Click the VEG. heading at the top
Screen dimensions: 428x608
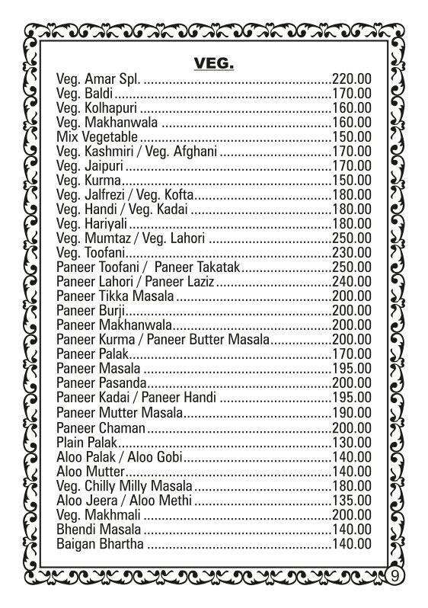(x=213, y=62)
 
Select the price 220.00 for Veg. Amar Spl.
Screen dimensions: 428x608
(x=352, y=80)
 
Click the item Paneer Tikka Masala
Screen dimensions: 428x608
(x=116, y=296)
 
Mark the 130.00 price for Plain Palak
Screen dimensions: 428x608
(x=352, y=441)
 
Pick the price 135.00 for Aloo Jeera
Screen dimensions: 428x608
(x=352, y=500)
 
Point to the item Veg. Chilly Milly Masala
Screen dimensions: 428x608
(x=125, y=485)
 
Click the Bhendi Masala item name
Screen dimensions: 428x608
(x=99, y=529)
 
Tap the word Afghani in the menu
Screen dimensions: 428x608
(x=196, y=152)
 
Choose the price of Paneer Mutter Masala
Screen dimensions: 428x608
(x=352, y=413)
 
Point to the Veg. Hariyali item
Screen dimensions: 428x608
(x=91, y=224)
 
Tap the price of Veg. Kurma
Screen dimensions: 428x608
(x=352, y=181)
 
